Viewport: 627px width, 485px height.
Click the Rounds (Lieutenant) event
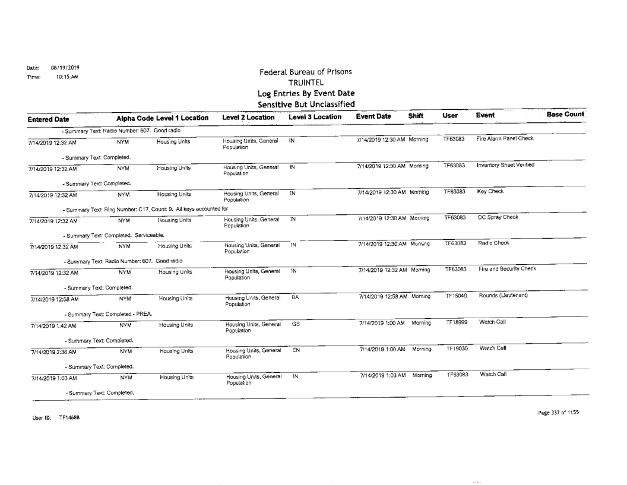click(x=501, y=295)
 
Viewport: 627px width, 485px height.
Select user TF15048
click(x=456, y=295)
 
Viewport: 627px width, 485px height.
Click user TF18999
click(x=456, y=321)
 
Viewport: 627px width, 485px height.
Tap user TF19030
click(x=456, y=347)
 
